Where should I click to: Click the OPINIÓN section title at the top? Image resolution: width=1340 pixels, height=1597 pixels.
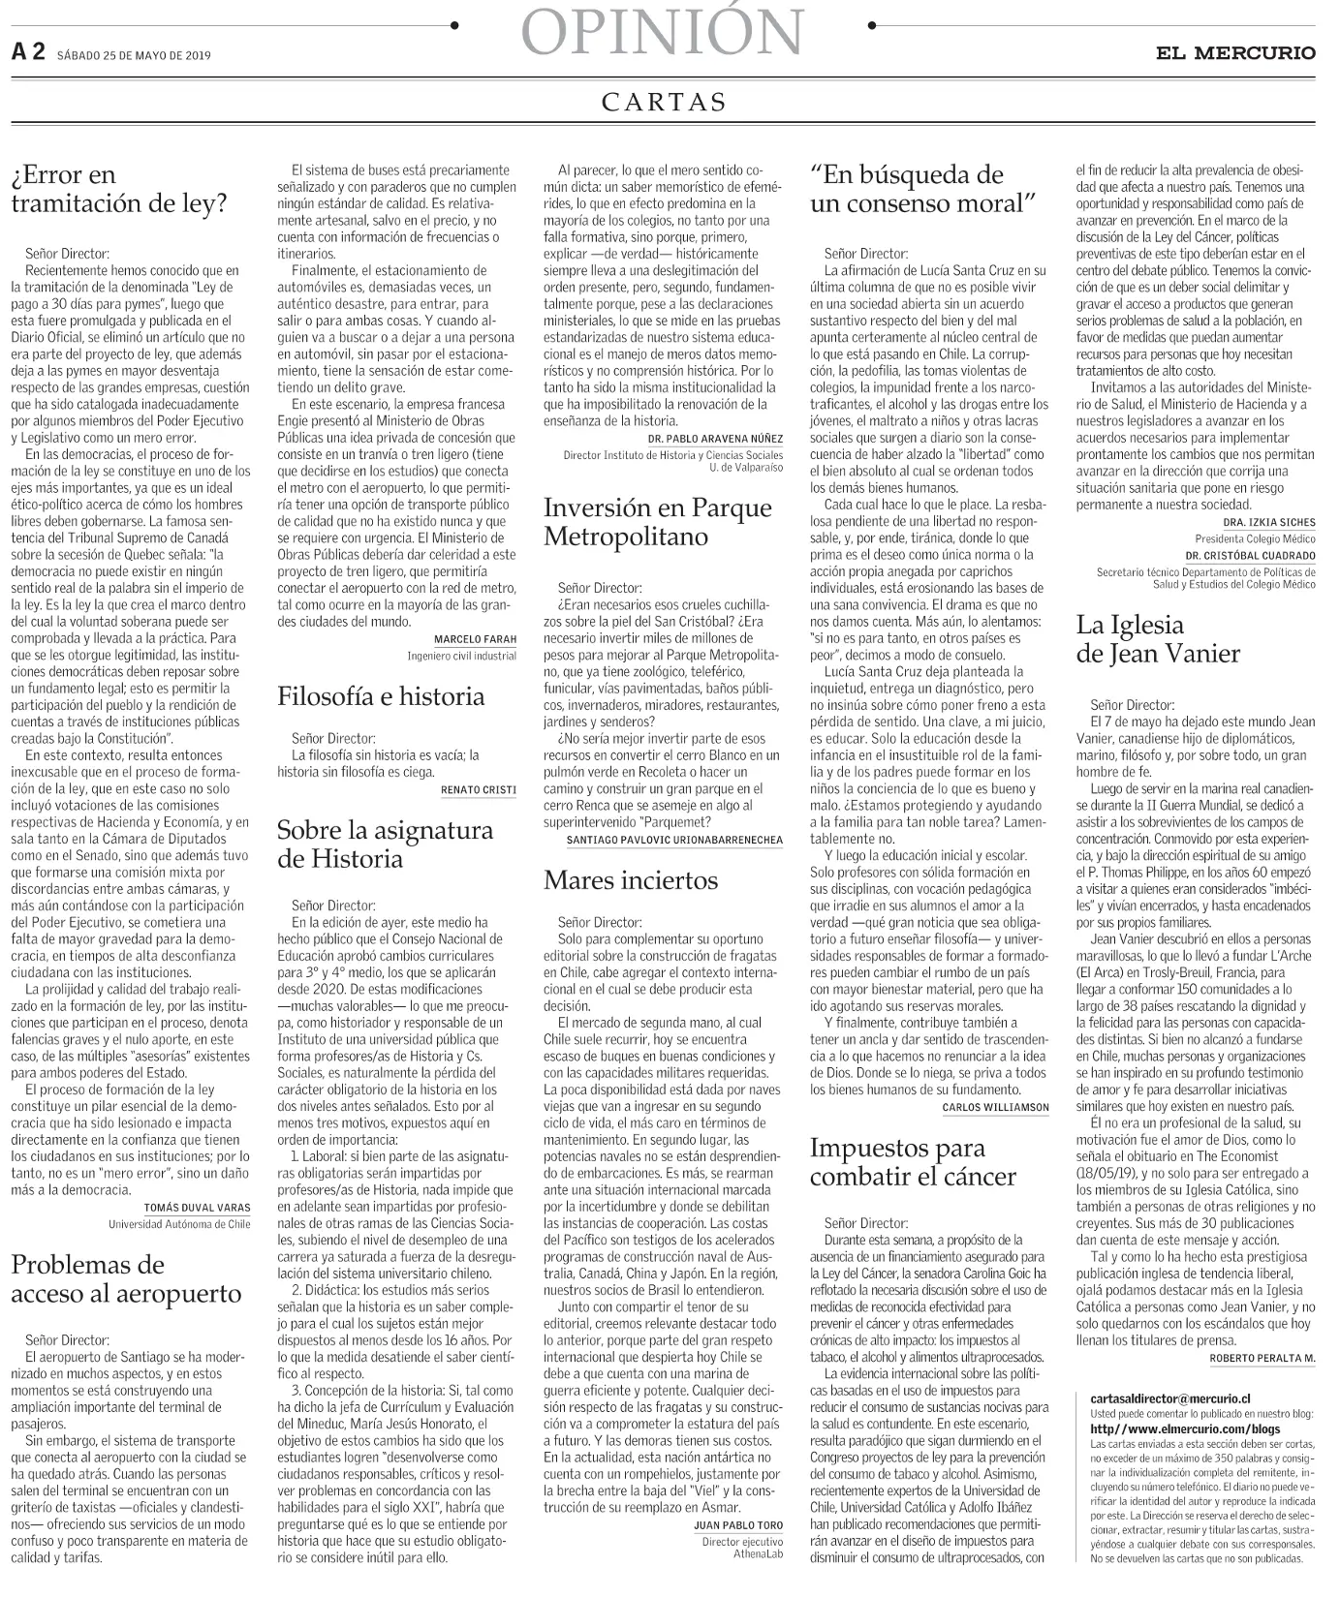click(x=664, y=33)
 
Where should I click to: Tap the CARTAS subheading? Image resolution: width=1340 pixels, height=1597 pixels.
click(x=664, y=103)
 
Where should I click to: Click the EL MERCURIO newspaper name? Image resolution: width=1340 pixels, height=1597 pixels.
click(x=1235, y=53)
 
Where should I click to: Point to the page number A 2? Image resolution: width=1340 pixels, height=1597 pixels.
click(x=28, y=53)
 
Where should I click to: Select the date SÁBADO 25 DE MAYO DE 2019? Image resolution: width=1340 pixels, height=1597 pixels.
click(x=134, y=55)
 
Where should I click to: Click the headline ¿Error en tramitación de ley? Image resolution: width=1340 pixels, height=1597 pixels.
click(x=118, y=189)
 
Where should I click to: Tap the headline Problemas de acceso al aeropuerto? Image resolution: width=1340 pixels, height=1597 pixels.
click(x=126, y=1278)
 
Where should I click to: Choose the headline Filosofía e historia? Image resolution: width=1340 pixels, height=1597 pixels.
click(x=381, y=695)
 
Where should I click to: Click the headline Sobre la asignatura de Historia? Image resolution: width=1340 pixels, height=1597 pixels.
click(x=385, y=844)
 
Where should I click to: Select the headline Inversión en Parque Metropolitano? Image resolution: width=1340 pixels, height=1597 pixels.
click(x=658, y=522)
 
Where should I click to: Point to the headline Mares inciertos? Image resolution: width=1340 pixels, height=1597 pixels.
click(x=631, y=879)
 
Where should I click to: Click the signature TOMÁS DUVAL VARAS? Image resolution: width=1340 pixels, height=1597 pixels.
click(x=197, y=1208)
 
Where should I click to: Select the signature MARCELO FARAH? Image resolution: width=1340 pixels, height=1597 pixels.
click(x=475, y=639)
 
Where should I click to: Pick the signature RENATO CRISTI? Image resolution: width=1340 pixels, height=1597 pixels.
click(x=479, y=789)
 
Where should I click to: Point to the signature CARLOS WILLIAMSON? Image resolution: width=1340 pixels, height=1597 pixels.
click(x=995, y=1106)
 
